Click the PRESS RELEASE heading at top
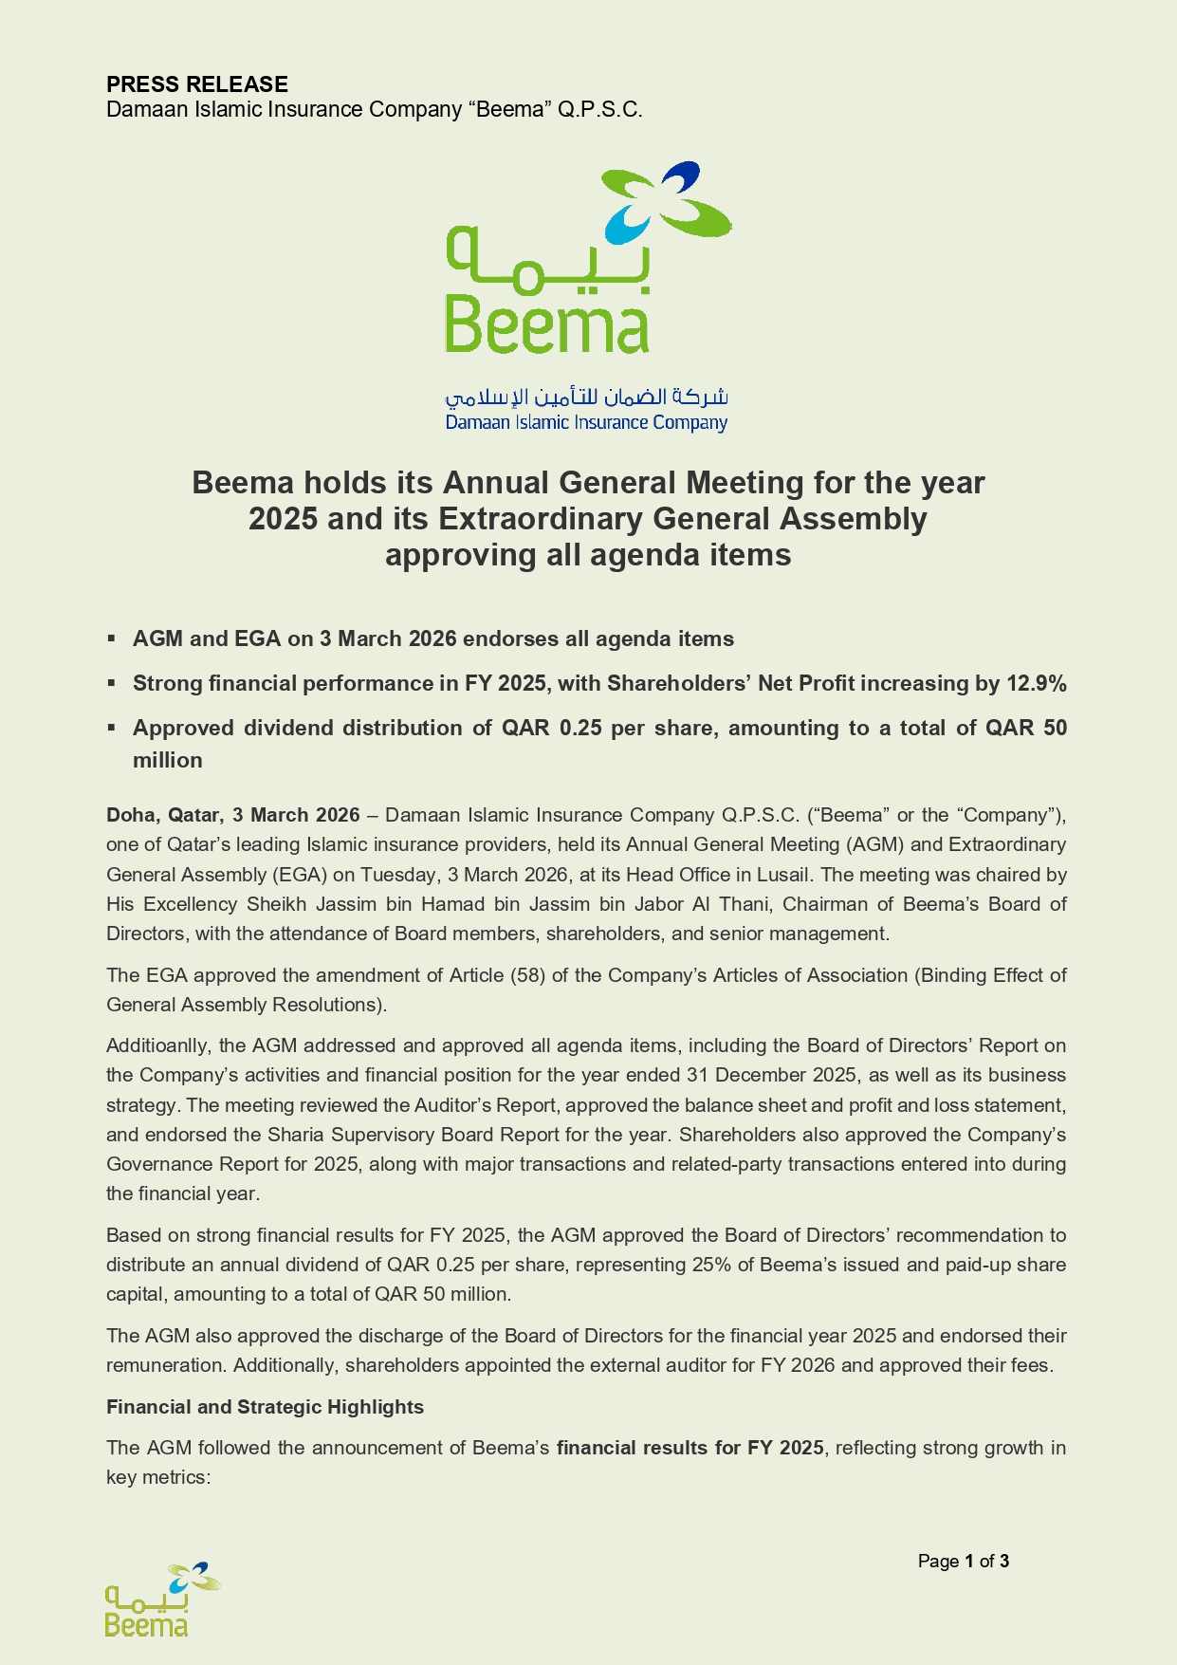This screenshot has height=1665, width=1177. (196, 84)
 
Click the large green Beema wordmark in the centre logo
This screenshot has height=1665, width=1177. (547, 325)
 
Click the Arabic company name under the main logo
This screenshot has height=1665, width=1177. (586, 396)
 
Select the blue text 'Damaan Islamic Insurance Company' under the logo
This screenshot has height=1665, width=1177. (586, 422)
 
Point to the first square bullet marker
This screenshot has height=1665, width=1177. (111, 638)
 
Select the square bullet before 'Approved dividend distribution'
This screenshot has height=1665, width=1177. (111, 728)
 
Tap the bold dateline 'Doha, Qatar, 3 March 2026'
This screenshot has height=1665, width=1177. (233, 815)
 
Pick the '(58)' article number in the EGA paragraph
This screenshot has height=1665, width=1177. (526, 975)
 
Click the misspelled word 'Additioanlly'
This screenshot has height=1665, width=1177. (159, 1045)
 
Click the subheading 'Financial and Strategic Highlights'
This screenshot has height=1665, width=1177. (265, 1407)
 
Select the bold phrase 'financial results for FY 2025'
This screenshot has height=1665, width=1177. (690, 1448)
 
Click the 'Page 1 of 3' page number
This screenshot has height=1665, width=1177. (963, 1562)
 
